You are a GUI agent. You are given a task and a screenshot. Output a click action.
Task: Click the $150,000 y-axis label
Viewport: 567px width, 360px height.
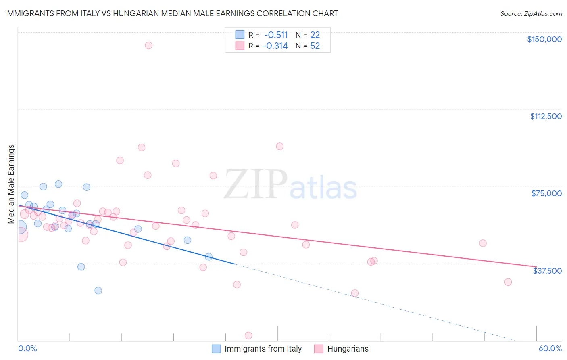[x=544, y=39]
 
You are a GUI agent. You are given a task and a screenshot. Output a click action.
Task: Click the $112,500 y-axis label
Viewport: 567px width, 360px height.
[x=546, y=116]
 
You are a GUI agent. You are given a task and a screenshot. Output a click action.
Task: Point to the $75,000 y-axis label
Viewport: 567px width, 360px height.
[x=546, y=193]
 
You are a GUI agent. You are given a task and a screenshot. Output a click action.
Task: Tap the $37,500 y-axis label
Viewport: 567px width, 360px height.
[x=547, y=271]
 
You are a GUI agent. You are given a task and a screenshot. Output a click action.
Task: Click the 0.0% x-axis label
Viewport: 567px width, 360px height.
[x=27, y=348]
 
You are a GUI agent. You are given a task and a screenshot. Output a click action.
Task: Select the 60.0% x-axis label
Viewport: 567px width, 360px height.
[x=550, y=348]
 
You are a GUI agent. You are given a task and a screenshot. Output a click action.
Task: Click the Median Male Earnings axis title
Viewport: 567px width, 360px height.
[x=11, y=184]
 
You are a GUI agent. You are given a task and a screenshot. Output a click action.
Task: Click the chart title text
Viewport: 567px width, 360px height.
[x=171, y=13]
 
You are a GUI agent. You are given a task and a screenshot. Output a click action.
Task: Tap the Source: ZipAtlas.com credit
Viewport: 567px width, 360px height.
[x=531, y=14]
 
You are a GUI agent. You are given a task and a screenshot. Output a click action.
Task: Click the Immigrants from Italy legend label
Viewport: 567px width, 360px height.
[x=263, y=349]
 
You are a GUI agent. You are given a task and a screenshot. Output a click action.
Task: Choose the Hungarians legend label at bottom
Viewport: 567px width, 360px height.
[x=348, y=349]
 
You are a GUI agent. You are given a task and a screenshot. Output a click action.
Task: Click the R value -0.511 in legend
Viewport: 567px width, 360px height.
[x=276, y=35]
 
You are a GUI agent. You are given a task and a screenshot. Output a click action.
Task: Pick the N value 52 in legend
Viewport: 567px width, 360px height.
[x=315, y=46]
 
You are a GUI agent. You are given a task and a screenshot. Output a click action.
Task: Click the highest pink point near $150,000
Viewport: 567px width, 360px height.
[x=148, y=45]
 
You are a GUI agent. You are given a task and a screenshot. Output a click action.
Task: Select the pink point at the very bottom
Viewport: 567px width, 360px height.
[x=248, y=335]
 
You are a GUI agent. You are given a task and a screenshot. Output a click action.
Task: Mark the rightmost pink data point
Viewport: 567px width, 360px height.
[x=508, y=282]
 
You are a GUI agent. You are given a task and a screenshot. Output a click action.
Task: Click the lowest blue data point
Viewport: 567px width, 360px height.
[x=98, y=291]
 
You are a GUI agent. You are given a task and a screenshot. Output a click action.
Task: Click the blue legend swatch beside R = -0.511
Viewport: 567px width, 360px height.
[x=240, y=35]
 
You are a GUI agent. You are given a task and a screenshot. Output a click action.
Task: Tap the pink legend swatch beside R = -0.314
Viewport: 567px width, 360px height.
[x=240, y=46]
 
